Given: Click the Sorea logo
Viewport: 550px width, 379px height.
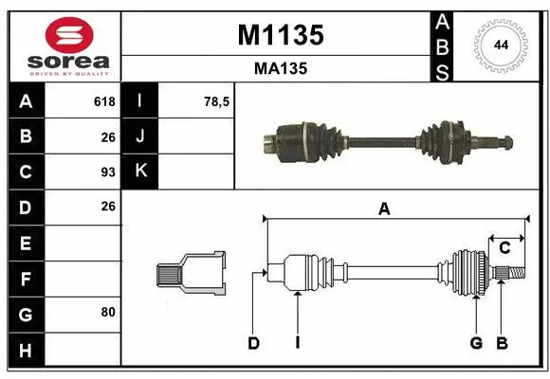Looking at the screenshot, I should (x=64, y=46).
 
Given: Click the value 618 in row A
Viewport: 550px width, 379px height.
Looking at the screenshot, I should (x=104, y=101).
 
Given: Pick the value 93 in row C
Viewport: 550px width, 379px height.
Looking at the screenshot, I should (x=107, y=172).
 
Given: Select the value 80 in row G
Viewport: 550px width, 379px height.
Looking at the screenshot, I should (x=107, y=311).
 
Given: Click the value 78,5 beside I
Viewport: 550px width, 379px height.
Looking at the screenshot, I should (x=218, y=101).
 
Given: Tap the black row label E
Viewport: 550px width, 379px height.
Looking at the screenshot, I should (x=25, y=243).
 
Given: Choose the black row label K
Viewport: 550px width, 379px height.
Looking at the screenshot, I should (x=141, y=171).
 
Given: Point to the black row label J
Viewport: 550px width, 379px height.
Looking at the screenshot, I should (x=141, y=136).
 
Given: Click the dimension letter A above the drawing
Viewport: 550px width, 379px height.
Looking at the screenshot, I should (x=384, y=209).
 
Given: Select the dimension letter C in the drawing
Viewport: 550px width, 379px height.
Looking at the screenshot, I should (x=504, y=248).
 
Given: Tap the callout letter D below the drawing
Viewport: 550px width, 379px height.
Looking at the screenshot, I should (x=253, y=343).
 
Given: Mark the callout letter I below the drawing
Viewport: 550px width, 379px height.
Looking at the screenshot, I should (x=297, y=343).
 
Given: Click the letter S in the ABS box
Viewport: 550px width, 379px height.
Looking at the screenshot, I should (x=443, y=70).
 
